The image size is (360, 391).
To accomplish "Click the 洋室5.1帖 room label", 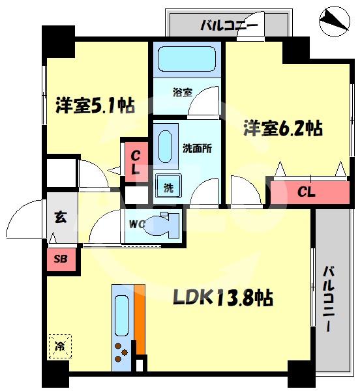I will pyautogui.click(x=95, y=105).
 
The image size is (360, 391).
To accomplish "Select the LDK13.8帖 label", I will pyautogui.click(x=222, y=298).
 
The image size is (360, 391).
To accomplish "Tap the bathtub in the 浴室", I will pyautogui.click(x=188, y=61).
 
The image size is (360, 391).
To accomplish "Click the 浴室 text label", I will pyautogui.click(x=182, y=92).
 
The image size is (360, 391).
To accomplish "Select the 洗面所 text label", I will pyautogui.click(x=197, y=147).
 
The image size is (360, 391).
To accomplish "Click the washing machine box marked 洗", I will pyautogui.click(x=168, y=188).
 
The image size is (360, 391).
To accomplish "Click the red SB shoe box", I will pyautogui.click(x=61, y=259).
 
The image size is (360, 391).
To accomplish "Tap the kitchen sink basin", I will pyautogui.click(x=122, y=313).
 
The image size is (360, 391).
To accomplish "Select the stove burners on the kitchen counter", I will pyautogui.click(x=121, y=353).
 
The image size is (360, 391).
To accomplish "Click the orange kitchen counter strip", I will pyautogui.click(x=140, y=316).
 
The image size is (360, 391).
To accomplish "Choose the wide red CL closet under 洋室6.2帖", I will pyautogui.click(x=308, y=192).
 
